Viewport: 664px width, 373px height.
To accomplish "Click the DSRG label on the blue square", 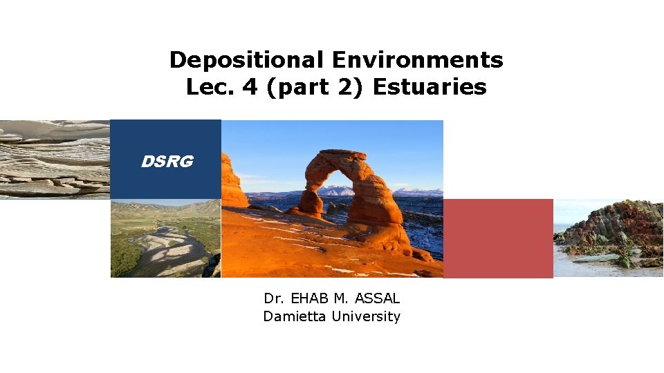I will (167, 162).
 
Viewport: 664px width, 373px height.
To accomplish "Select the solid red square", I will (498, 238).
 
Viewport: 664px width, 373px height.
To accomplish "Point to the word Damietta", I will (295, 316).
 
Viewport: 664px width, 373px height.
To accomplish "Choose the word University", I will (366, 316).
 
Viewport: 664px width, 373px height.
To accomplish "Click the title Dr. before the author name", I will (273, 298).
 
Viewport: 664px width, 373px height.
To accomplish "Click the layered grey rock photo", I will (55, 160).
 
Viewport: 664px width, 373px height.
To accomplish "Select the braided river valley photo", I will (165, 238).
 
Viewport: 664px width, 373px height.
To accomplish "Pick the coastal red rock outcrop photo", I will (608, 238).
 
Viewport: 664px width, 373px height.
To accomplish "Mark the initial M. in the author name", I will (342, 298).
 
